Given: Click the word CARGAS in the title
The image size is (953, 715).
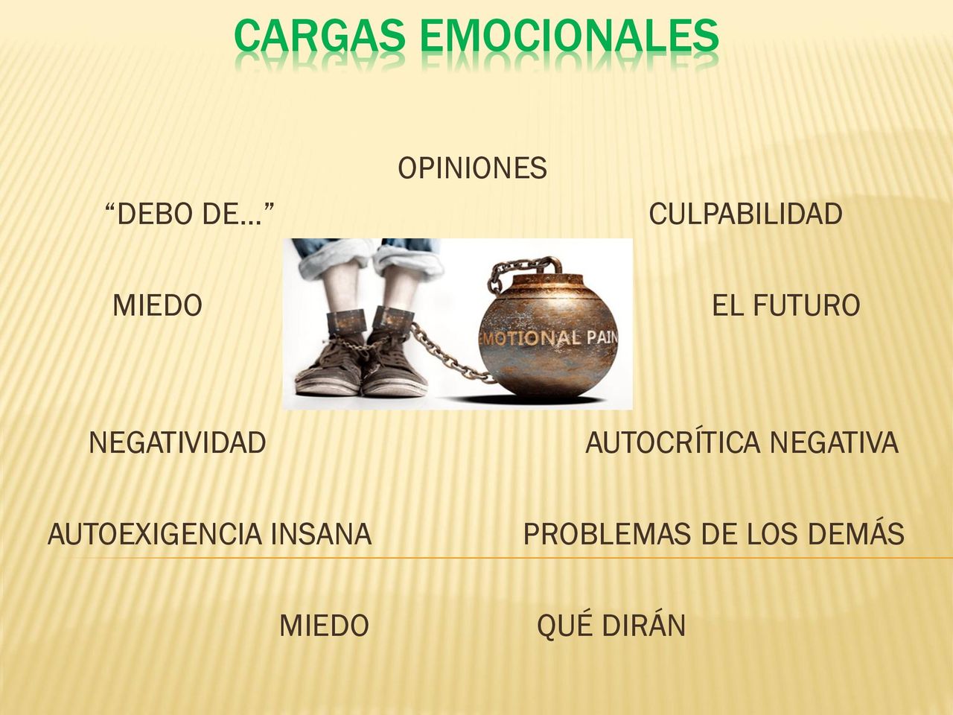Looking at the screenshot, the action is pyautogui.click(x=319, y=35).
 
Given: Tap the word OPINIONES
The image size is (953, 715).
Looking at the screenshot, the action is pyautogui.click(x=472, y=168).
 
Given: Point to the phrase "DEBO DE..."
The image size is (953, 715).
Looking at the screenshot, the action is pyautogui.click(x=189, y=214).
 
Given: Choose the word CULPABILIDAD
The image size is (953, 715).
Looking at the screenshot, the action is pyautogui.click(x=745, y=214).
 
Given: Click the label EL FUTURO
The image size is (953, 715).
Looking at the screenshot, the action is pyautogui.click(x=785, y=305).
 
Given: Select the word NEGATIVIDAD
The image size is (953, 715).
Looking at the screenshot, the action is pyautogui.click(x=178, y=443).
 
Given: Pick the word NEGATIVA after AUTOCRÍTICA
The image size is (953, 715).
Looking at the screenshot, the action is pyautogui.click(x=834, y=443).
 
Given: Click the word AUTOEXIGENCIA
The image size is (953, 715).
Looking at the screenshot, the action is pyautogui.click(x=155, y=533).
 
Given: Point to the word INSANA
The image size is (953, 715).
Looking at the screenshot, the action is pyautogui.click(x=322, y=533).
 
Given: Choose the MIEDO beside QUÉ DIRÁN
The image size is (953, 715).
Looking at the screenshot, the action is pyautogui.click(x=324, y=626).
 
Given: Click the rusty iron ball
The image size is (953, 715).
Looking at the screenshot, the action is pyautogui.click(x=547, y=336).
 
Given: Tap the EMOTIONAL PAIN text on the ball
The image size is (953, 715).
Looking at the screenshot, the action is pyautogui.click(x=548, y=339).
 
